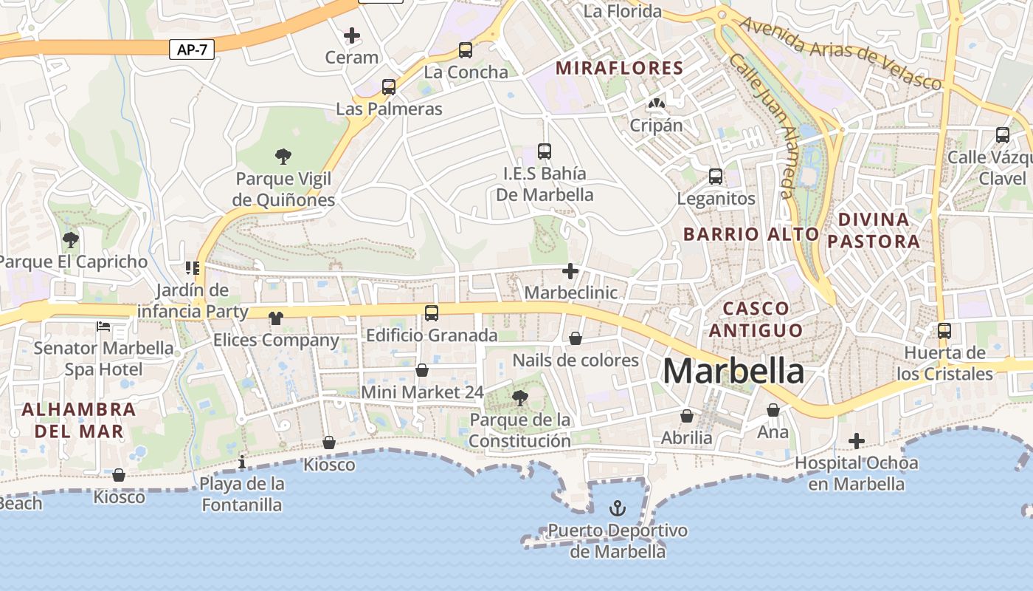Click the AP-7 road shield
(192, 49)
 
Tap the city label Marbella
(733, 371)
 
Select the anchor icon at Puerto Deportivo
(617, 508)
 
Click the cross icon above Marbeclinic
(570, 271)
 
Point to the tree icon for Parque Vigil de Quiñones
(283, 156)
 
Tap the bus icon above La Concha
(466, 50)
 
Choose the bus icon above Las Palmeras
(389, 87)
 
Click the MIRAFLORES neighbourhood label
(619, 69)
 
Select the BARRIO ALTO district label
(751, 234)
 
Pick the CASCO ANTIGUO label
(756, 319)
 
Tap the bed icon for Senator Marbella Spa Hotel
(103, 326)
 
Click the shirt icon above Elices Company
(276, 318)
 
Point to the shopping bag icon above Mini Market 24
(422, 370)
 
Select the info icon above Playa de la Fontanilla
(242, 462)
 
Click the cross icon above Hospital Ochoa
(856, 442)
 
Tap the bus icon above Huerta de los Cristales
(944, 331)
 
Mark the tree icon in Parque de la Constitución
(519, 398)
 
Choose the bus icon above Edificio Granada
(432, 313)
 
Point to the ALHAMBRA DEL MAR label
(79, 420)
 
